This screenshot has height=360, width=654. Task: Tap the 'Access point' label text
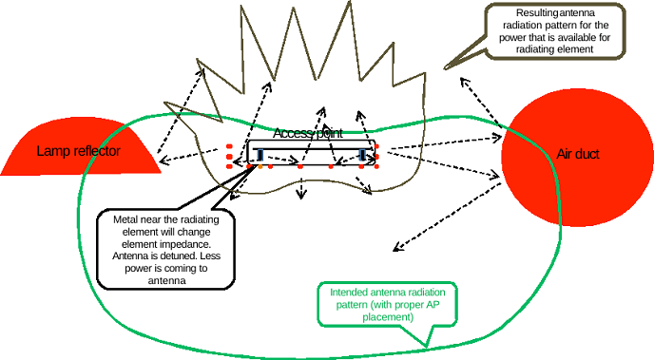click(x=308, y=134)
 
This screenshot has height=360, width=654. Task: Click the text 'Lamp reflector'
click(x=79, y=151)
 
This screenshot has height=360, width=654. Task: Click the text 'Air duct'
click(x=577, y=154)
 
